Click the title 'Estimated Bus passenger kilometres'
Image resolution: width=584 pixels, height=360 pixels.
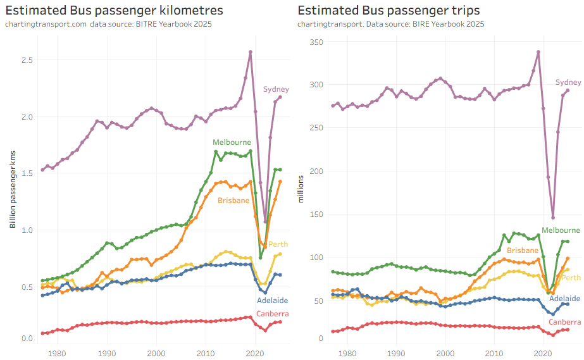pyautogui.click(x=113, y=10)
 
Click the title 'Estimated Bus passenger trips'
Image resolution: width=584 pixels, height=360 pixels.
pyautogui.click(x=388, y=10)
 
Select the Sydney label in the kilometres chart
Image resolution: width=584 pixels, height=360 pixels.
pyautogui.click(x=276, y=89)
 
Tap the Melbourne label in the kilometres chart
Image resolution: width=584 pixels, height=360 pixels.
pyautogui.click(x=232, y=142)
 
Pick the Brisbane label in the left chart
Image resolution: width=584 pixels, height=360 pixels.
pyautogui.click(x=233, y=201)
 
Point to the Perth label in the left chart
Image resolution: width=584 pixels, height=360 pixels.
pyautogui.click(x=278, y=244)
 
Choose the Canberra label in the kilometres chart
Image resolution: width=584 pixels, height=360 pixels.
pyautogui.click(x=273, y=314)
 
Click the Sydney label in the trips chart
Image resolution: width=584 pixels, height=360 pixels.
pyautogui.click(x=568, y=82)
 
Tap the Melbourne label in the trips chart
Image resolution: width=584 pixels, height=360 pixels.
pyautogui.click(x=561, y=230)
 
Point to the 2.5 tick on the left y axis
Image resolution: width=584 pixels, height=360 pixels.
pyautogui.click(x=27, y=59)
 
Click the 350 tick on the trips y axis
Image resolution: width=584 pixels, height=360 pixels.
pyautogui.click(x=316, y=42)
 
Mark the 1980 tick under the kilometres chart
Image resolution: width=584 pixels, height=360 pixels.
pyautogui.click(x=57, y=352)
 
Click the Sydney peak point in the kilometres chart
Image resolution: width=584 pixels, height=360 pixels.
pyautogui.click(x=251, y=52)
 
